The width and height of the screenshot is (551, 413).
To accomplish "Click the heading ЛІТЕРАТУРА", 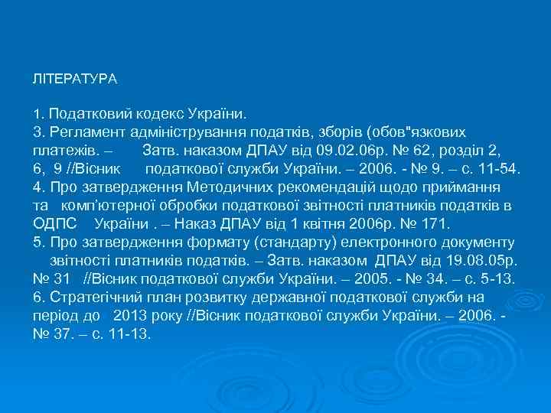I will [74, 79].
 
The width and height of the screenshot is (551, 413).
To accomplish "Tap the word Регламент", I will [85, 132].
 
